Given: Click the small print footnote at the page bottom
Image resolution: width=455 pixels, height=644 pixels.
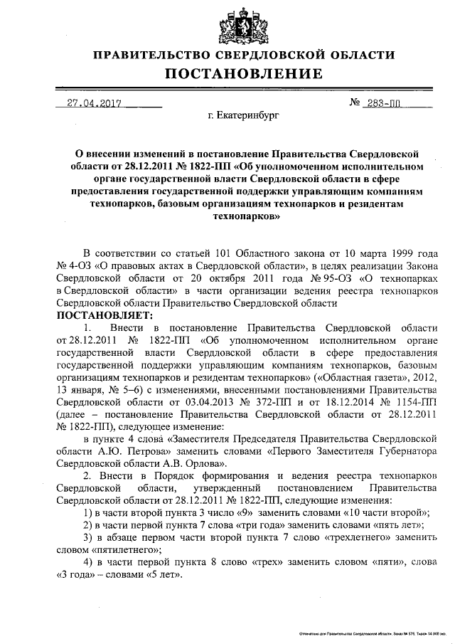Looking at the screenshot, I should [x=374, y=631].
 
